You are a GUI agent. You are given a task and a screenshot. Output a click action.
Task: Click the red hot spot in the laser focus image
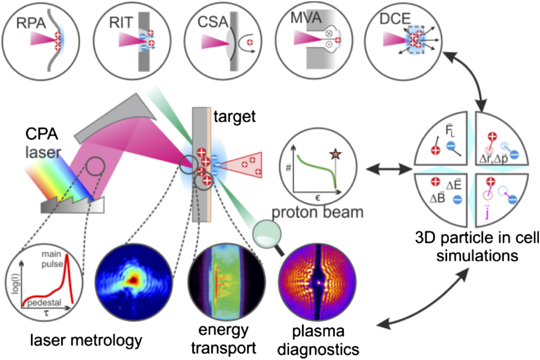pos(132,279)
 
